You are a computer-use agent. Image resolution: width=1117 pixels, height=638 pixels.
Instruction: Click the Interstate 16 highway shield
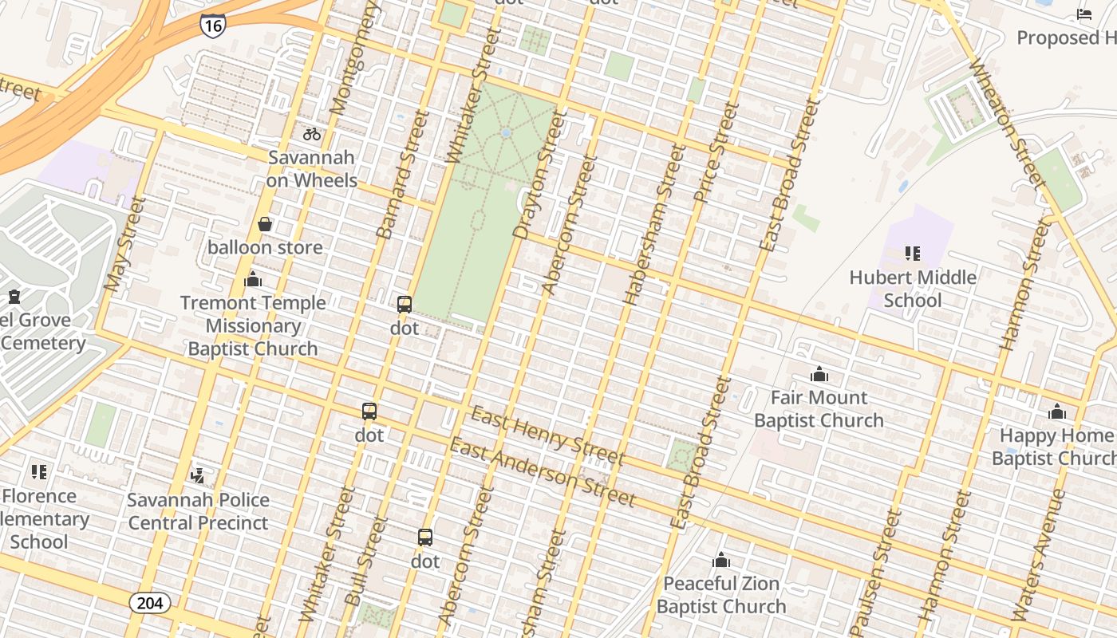(212, 25)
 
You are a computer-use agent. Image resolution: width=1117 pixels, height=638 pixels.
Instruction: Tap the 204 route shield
(150, 603)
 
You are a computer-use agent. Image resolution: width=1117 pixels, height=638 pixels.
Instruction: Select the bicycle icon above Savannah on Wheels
(312, 134)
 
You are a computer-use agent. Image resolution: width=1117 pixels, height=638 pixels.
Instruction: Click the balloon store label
(265, 247)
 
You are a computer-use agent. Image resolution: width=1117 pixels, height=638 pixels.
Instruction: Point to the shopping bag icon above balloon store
(265, 225)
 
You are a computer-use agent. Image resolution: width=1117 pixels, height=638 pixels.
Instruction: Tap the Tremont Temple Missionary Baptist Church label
(253, 325)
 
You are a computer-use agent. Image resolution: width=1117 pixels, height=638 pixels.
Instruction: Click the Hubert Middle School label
(913, 289)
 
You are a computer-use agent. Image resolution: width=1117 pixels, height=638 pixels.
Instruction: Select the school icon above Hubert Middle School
(913, 254)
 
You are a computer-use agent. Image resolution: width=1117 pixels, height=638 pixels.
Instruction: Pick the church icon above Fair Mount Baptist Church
(819, 374)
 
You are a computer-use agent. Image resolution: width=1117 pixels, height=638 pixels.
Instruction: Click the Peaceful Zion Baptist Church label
(721, 595)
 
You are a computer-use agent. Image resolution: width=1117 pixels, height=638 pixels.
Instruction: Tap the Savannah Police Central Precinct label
(198, 511)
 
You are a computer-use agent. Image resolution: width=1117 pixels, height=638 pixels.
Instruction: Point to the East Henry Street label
(547, 435)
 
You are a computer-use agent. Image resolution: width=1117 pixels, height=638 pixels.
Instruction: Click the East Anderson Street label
(543, 472)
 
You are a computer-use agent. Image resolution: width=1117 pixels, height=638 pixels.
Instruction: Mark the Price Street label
(716, 152)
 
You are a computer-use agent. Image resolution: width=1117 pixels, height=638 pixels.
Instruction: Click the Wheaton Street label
(1006, 120)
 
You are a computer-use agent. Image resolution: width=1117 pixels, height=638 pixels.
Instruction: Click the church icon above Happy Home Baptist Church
(1057, 412)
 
